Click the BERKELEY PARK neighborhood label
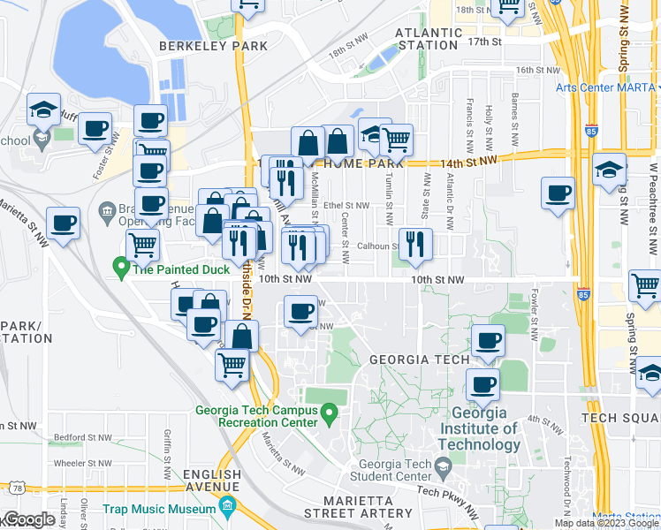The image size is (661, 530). pos(201,46)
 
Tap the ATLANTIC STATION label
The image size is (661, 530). pos(429,39)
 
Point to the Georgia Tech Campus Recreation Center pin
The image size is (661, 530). pos(329,412)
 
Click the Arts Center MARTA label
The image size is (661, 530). pos(606,87)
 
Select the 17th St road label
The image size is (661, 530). pos(485,42)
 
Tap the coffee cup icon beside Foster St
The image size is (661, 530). pos(95,128)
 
